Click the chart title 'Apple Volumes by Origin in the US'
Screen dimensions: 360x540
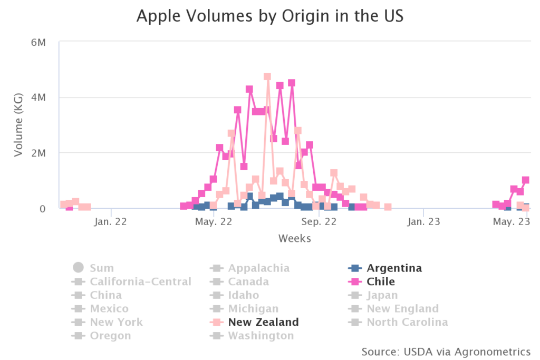pos(269,16)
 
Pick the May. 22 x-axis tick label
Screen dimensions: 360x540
pos(214,222)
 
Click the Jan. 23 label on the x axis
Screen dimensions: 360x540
pos(423,222)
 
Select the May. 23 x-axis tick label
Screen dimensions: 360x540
pos(510,222)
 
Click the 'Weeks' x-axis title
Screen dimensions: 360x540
pos(295,239)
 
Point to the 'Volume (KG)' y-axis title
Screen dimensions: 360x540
pos(19,125)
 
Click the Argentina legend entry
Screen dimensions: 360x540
pos(394,268)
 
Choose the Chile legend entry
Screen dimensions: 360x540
pos(381,282)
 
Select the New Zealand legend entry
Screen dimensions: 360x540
pos(263,322)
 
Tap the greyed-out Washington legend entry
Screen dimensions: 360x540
pos(261,336)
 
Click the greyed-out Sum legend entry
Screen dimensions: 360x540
pos(101,268)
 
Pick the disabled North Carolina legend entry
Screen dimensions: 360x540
pos(407,322)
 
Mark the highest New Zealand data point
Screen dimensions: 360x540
pos(267,77)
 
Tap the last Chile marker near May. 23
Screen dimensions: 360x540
pos(526,180)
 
